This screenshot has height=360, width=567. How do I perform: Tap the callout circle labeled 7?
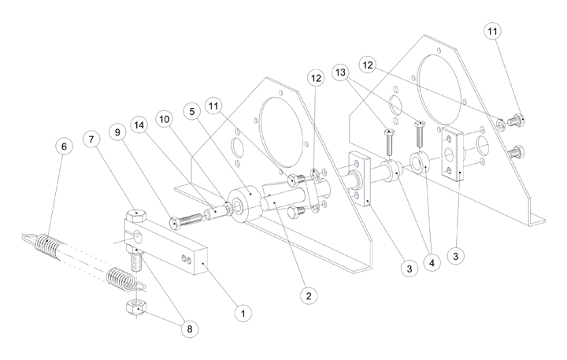click(93, 139)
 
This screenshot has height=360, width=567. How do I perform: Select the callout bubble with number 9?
click(120, 133)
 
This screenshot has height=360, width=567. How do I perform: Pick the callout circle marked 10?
click(165, 117)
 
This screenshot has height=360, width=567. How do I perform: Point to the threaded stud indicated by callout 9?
click(186, 214)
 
